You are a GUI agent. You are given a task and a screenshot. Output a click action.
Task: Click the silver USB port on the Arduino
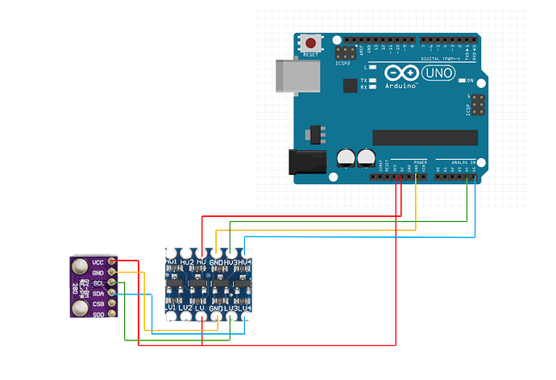point(292,77)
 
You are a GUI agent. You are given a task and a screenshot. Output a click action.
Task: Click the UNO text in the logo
point(438,73)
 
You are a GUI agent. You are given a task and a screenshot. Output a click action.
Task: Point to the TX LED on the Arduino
point(374,81)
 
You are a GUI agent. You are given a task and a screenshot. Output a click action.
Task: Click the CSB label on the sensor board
point(98,304)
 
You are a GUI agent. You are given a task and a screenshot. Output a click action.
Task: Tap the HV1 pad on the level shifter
point(171,253)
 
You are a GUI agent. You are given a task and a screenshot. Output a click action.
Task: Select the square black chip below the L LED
point(350,86)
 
